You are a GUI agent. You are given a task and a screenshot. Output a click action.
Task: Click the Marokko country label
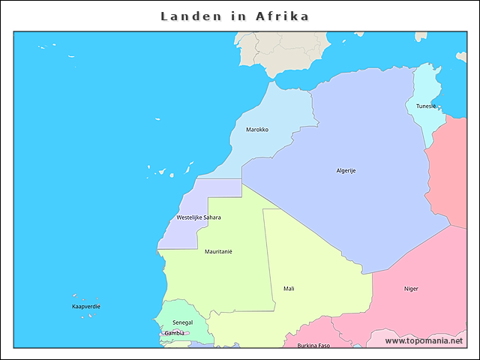pos(257,130)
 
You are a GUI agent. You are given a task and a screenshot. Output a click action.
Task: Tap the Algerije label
pos(346,171)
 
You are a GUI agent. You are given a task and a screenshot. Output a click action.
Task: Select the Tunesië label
pos(426,106)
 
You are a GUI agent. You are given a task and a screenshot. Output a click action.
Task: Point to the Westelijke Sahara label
pos(198,217)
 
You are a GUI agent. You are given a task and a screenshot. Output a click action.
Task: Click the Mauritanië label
pos(218,252)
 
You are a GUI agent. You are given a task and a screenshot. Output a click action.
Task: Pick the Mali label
pos(289,289)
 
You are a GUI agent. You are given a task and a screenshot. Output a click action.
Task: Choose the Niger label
pos(411,289)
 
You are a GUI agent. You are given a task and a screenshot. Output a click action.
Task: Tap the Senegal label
pos(182,322)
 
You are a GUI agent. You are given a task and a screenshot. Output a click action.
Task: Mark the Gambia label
pos(174,333)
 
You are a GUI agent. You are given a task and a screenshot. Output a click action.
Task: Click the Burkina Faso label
pos(313,346)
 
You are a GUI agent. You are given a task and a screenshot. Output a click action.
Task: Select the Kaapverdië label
pos(86,307)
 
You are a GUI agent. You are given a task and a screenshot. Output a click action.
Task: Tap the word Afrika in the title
pos(283,16)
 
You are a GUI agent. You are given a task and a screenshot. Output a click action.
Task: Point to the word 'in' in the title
pos(238,16)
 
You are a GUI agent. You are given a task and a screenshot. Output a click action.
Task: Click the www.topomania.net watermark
pos(424,341)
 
